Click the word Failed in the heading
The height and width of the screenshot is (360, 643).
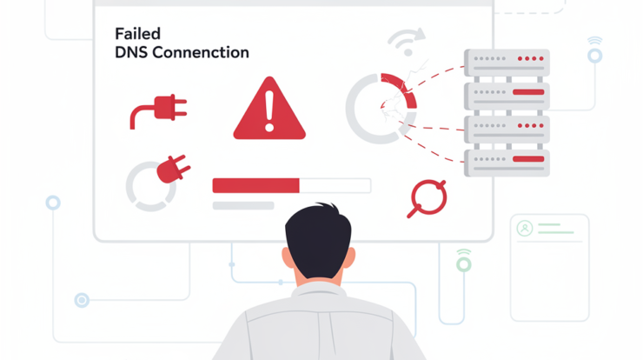pos(137,34)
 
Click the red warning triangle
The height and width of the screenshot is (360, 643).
pos(269,109)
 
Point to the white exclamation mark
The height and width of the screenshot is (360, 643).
pos(269,110)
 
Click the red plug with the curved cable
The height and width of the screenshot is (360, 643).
pos(158,110)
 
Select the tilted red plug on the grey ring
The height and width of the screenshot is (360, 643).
pos(173,169)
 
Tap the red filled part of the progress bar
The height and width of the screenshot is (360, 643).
pos(255,185)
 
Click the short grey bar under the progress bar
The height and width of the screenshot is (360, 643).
pos(243,205)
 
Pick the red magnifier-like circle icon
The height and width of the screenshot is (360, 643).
pos(428,198)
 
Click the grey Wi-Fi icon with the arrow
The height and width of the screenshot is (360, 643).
pos(407,42)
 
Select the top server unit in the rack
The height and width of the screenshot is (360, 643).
pos(507,63)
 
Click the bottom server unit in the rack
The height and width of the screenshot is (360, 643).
pos(507,163)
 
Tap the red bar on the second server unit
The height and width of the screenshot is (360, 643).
pos(528,92)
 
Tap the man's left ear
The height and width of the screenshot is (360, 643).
pos(288,258)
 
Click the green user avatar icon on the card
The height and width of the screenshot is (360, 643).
pos(525,228)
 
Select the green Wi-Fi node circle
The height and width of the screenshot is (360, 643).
pos(464,264)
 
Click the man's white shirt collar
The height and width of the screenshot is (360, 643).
pos(319,290)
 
